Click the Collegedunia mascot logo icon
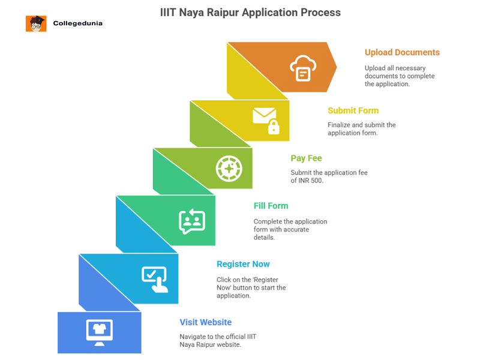[36, 23]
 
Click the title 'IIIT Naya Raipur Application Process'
[250, 12]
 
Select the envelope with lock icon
[265, 119]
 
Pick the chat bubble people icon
[191, 221]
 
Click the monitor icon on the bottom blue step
[100, 331]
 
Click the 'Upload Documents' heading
[402, 52]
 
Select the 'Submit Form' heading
[353, 110]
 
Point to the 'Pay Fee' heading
[306, 158]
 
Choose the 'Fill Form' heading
[271, 206]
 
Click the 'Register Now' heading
[243, 264]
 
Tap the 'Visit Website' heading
[205, 322]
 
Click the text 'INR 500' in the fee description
[310, 181]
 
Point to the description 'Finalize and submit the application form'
[361, 129]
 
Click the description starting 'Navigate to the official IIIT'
[218, 340]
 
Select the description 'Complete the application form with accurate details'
[290, 229]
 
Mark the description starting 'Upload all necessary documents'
[400, 76]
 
